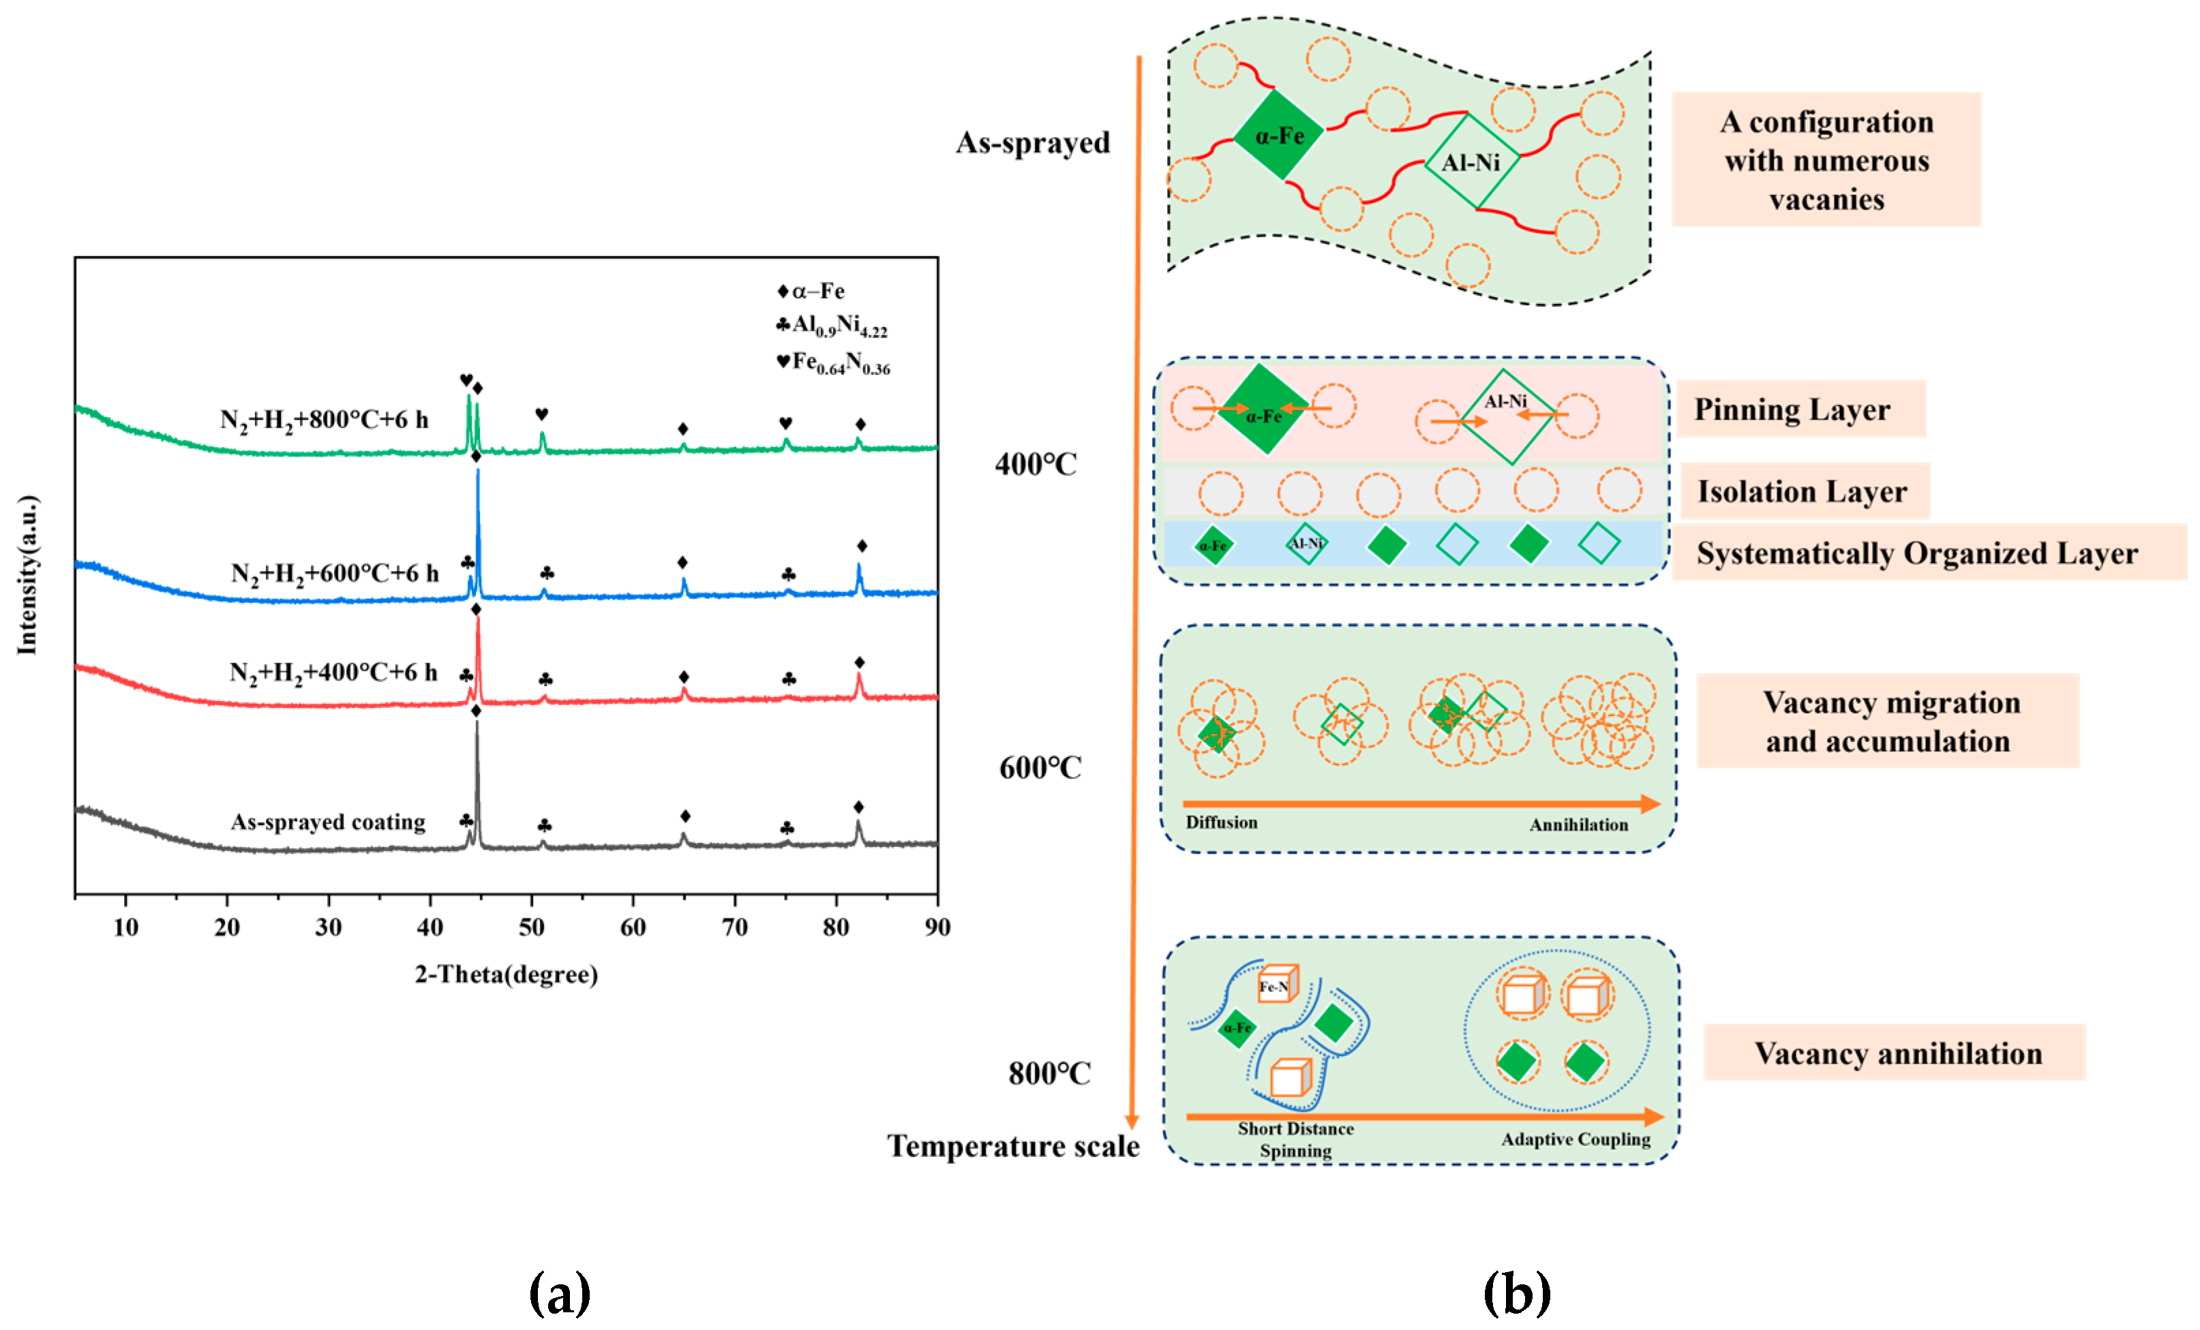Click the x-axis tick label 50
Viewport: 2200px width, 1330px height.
[531, 927]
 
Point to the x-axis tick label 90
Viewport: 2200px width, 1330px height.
[937, 927]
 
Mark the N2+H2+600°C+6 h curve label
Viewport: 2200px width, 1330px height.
[335, 573]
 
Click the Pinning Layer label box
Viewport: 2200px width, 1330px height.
[1800, 409]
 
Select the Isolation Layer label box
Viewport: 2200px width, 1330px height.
[1804, 491]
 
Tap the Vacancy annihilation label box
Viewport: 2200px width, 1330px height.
[1897, 1053]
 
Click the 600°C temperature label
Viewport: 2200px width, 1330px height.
[1040, 768]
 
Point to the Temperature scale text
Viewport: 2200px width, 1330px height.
[1012, 1146]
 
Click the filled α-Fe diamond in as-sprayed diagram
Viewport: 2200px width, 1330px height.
[1278, 136]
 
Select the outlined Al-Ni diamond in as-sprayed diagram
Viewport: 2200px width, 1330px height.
[1471, 162]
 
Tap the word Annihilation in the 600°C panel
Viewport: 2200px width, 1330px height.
[1578, 825]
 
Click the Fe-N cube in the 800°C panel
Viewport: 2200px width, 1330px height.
[1277, 985]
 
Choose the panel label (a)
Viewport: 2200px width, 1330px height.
[560, 1293]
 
